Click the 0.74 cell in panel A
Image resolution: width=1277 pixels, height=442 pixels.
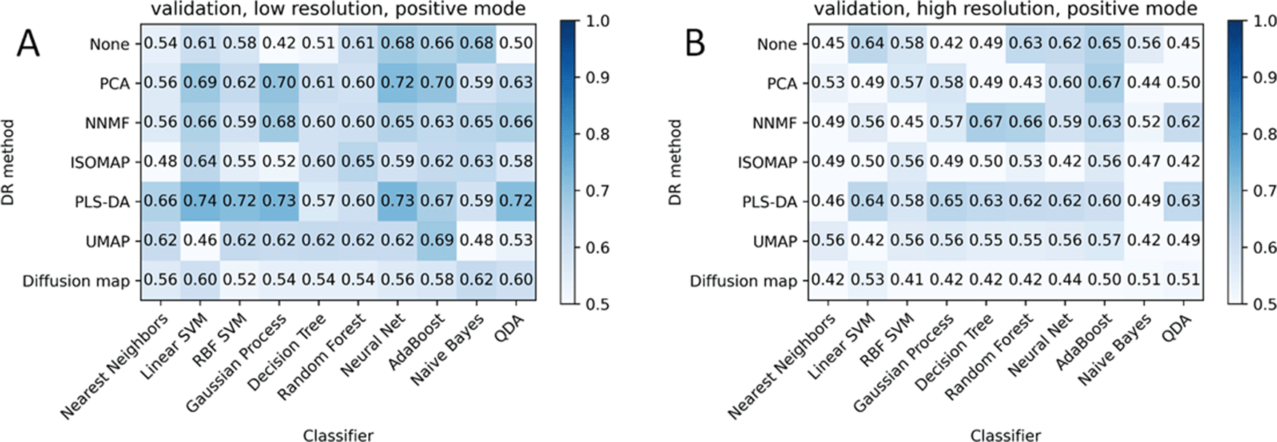click(x=199, y=201)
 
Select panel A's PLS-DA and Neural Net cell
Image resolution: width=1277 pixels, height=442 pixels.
click(x=397, y=201)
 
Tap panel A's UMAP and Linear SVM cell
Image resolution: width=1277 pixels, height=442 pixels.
click(x=199, y=241)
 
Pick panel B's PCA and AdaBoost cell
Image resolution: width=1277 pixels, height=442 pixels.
click(x=1105, y=83)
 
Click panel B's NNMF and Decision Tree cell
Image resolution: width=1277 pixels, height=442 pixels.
click(x=986, y=122)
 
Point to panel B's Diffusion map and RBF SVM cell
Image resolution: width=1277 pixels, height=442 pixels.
click(x=907, y=281)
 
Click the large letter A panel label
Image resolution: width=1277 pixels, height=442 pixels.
click(x=28, y=44)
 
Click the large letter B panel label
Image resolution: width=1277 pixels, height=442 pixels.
click(x=696, y=44)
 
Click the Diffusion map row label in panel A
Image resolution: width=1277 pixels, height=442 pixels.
click(x=76, y=281)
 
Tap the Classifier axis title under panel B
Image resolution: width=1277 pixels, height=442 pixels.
click(x=1006, y=435)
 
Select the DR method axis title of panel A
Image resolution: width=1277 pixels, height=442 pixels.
click(x=9, y=162)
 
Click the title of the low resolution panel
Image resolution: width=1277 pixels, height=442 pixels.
click(x=338, y=9)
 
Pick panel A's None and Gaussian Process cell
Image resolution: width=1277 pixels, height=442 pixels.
click(x=279, y=43)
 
